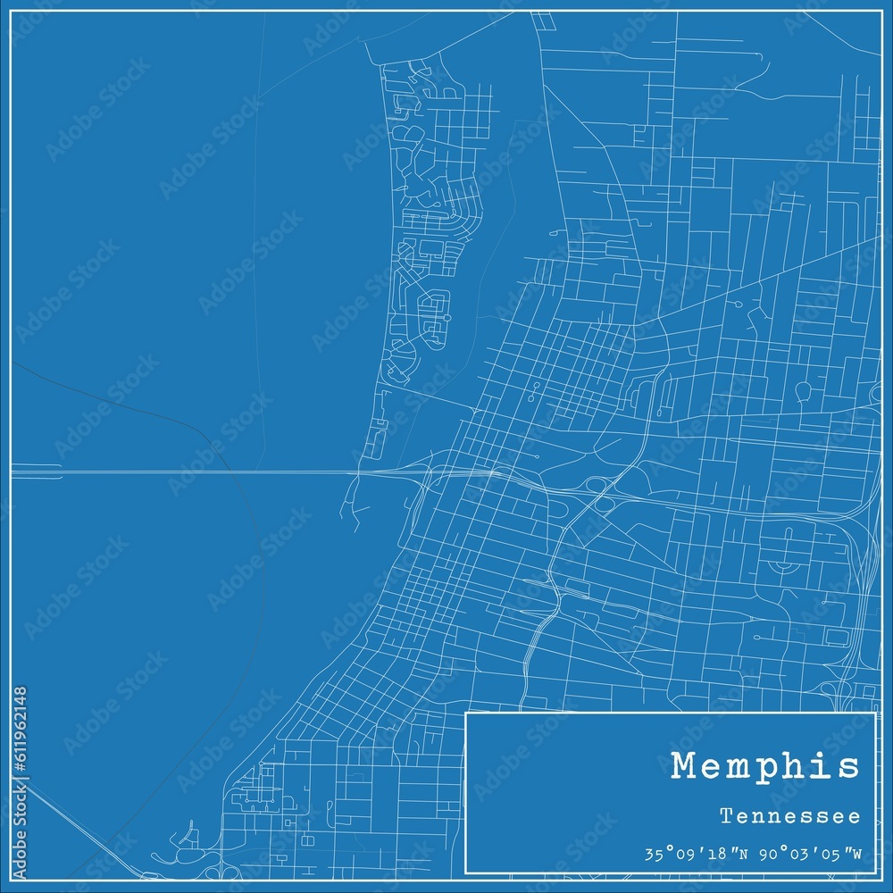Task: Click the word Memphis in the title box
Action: [x=765, y=767]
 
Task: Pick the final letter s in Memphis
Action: [x=850, y=767]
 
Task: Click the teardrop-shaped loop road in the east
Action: [x=802, y=390]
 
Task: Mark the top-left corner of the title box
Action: [x=467, y=714]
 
